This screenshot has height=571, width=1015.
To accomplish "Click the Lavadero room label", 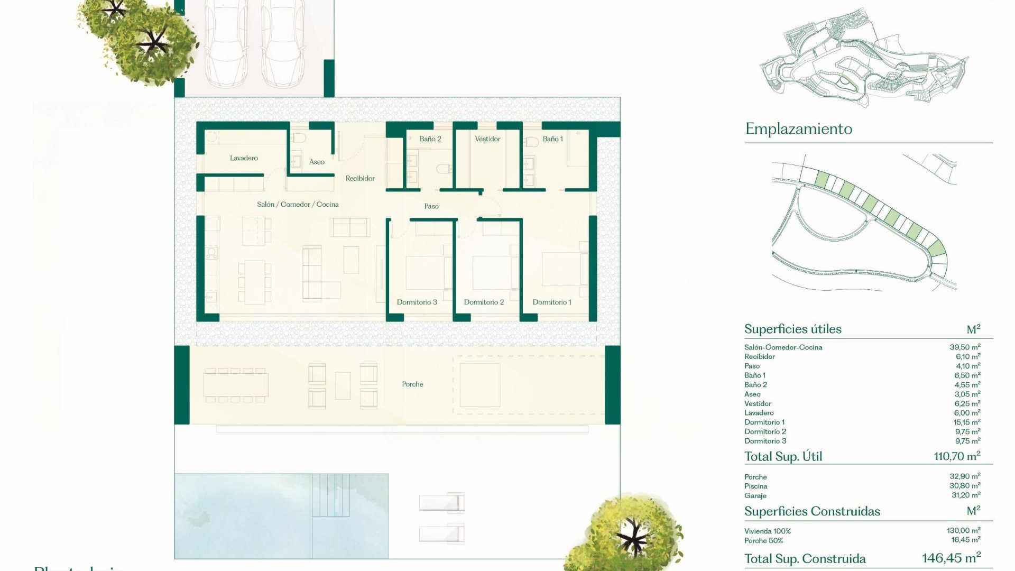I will pyautogui.click(x=244, y=158).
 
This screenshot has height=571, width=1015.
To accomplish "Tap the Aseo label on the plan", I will pyautogui.click(x=317, y=162).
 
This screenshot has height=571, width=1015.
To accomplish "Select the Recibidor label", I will pyautogui.click(x=360, y=179).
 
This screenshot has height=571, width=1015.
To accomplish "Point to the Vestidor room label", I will pyautogui.click(x=487, y=139).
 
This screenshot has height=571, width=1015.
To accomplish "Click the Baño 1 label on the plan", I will pyautogui.click(x=552, y=139).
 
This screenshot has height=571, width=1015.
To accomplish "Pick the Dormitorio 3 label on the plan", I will pyautogui.click(x=417, y=302).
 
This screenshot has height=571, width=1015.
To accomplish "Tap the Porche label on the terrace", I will pyautogui.click(x=412, y=384).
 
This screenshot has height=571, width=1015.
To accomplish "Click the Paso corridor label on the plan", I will pyautogui.click(x=431, y=206).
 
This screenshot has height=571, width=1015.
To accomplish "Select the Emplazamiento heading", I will pyautogui.click(x=798, y=129).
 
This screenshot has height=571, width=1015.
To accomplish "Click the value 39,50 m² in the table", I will pyautogui.click(x=964, y=347).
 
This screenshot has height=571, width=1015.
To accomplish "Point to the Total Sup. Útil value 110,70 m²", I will pyautogui.click(x=956, y=456).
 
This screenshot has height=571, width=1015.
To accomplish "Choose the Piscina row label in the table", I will pyautogui.click(x=755, y=486).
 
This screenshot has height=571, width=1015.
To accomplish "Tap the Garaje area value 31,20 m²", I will pyautogui.click(x=965, y=495).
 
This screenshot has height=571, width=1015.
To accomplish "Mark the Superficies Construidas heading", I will pyautogui.click(x=812, y=511).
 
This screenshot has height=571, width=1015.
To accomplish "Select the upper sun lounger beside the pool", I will pyautogui.click(x=441, y=503).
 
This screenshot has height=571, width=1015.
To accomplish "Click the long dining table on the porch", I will pyautogui.click(x=236, y=385).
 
